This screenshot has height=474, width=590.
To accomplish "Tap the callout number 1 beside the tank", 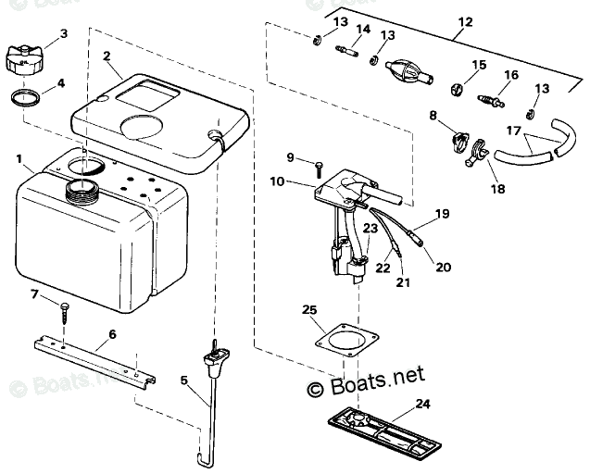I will [19, 159].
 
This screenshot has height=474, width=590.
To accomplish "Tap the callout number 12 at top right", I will [463, 20].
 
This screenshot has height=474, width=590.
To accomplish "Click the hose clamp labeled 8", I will [455, 141].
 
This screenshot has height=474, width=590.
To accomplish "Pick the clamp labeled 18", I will [477, 152].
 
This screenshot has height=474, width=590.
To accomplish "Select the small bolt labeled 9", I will [318, 168].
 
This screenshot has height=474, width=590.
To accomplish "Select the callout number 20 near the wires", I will [443, 268].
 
